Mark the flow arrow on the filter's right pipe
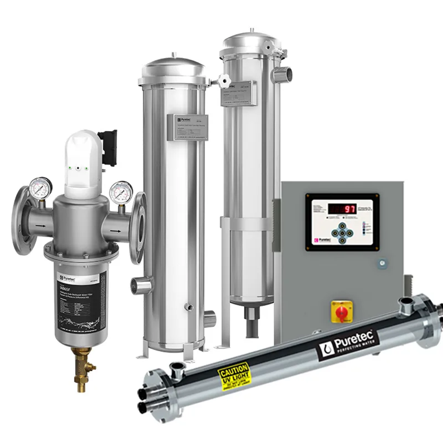pyautogui.click(x=116, y=231)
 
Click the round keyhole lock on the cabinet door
pyautogui.click(x=381, y=263)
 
